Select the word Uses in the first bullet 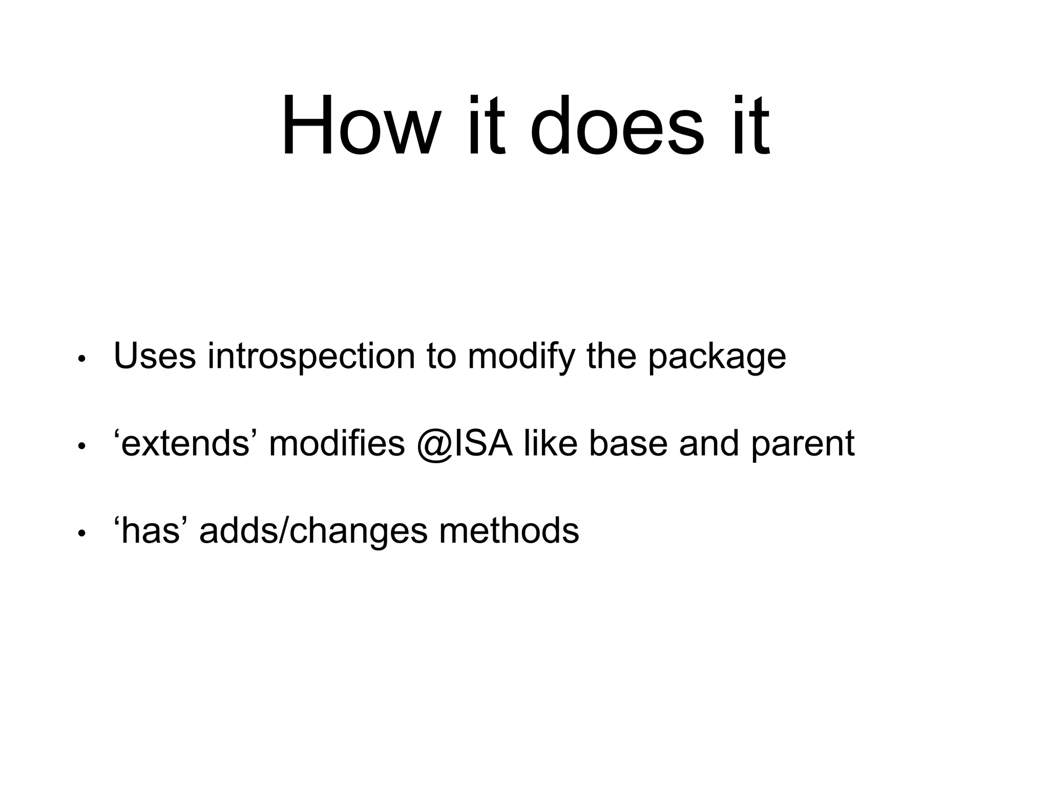[155, 356]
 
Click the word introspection [311, 357]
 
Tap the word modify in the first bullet [521, 357]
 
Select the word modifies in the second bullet [337, 443]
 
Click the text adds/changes [313, 531]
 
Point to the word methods [509, 530]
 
